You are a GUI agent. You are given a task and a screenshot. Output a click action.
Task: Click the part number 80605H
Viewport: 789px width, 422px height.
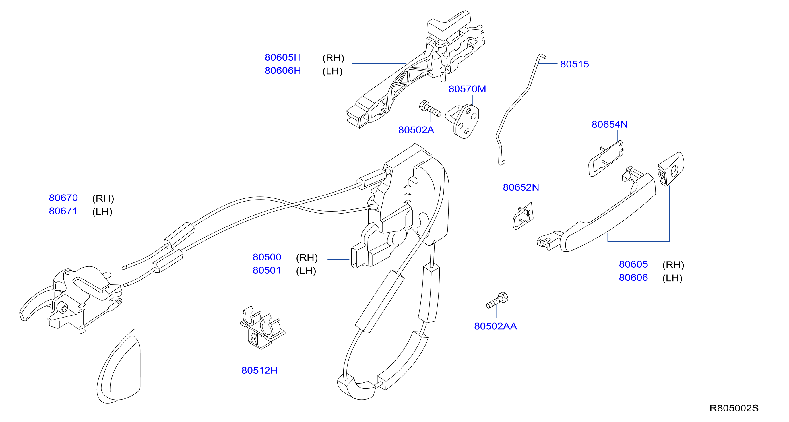point(282,57)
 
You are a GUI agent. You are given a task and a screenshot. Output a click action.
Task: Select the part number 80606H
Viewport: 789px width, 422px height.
point(282,71)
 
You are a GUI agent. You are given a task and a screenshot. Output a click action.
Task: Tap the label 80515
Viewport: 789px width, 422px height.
point(574,64)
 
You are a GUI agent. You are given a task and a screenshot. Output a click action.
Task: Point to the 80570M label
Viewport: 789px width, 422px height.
point(467,89)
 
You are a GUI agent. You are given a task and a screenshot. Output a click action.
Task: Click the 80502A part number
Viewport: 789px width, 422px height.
point(416,130)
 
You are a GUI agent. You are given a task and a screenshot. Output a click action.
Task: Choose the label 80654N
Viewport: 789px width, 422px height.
point(610,124)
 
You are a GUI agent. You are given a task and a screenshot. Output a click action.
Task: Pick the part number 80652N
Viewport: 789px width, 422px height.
point(521,187)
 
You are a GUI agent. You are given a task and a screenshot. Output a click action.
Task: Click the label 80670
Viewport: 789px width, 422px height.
point(63,198)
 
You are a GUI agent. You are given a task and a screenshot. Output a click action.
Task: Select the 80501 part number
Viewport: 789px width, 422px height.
point(267,270)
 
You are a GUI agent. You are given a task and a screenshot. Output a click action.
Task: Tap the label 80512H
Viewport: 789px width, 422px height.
point(259,370)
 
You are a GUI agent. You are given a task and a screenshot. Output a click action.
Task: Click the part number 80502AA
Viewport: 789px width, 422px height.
point(495,326)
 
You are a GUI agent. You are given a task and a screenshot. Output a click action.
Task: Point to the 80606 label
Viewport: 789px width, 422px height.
point(633,278)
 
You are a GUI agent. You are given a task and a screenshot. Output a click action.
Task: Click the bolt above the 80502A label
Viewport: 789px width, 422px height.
point(430,109)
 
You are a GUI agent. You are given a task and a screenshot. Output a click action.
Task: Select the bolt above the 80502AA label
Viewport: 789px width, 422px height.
point(497,300)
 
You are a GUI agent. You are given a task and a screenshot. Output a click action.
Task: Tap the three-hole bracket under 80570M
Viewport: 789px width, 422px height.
point(462,121)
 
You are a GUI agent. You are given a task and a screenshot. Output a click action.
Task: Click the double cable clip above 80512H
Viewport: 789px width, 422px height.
point(263,327)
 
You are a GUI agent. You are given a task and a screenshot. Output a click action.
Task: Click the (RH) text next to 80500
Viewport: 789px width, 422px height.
point(307,258)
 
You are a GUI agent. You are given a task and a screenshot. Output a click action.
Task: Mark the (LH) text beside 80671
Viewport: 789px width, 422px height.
point(102,212)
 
